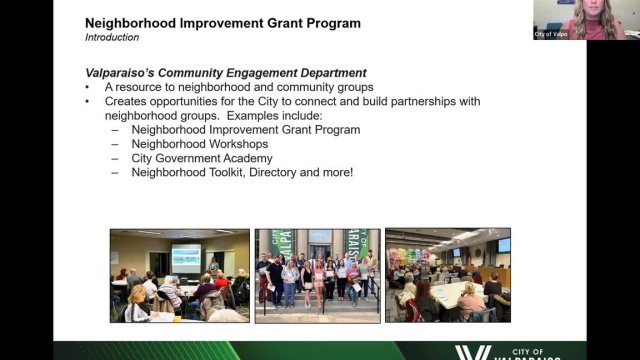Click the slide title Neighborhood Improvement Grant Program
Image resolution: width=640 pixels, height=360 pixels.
pos(222,22)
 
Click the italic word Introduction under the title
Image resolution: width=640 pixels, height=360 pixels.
pos(112,38)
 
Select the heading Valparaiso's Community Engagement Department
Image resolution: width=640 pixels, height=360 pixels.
pos(225,73)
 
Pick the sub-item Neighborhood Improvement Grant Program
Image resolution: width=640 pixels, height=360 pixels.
pos(245,130)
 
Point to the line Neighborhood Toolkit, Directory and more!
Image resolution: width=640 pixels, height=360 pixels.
pos(241,172)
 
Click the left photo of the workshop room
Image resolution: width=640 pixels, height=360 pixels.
pos(179,275)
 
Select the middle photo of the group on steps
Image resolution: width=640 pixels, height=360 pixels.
pos(317,275)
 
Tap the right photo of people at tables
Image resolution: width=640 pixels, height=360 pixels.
pos(447,275)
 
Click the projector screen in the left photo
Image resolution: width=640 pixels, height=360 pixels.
pos(186,259)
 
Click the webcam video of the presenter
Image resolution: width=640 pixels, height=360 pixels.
pos(585,19)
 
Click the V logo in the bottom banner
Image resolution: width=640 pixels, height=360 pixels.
pos(471,353)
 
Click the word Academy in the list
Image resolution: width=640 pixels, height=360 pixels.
pos(249,158)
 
